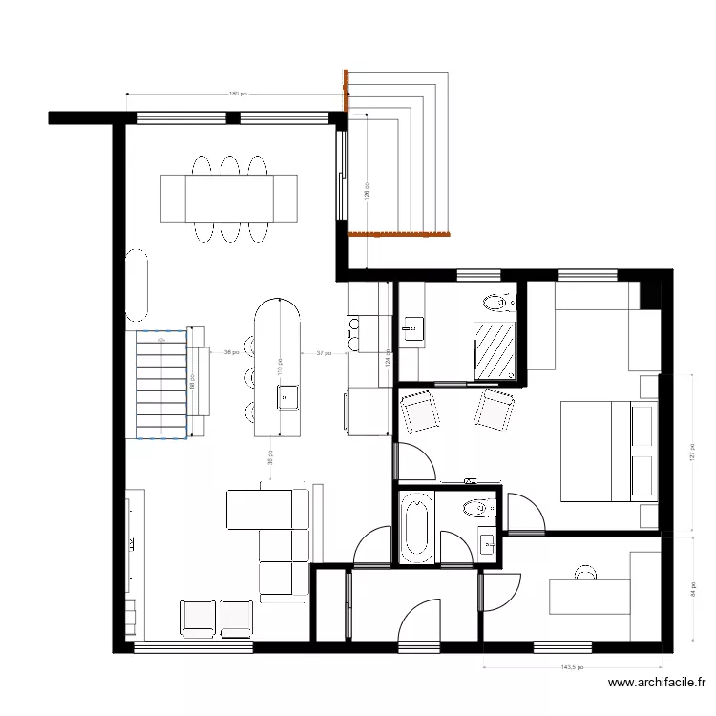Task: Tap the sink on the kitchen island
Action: (x=286, y=394)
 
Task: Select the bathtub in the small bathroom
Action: (x=415, y=527)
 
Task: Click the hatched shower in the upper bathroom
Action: (x=496, y=351)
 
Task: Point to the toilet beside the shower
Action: (x=497, y=304)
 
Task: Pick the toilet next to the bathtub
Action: (x=473, y=508)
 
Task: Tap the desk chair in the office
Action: (x=583, y=571)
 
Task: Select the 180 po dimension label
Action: (x=237, y=94)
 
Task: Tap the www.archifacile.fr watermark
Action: (x=656, y=684)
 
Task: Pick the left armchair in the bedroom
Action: (x=419, y=411)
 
